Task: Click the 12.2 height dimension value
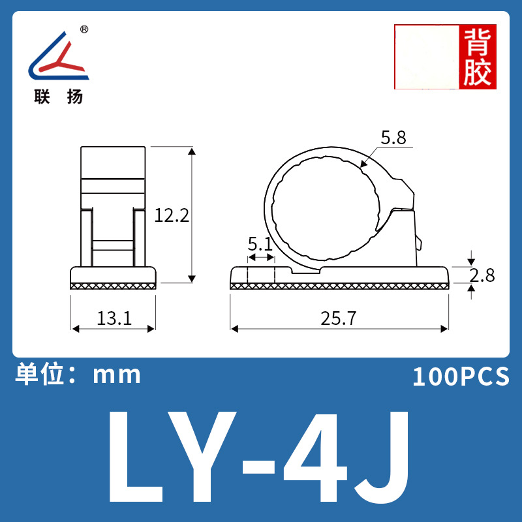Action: (x=172, y=215)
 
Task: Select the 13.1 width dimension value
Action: (x=114, y=318)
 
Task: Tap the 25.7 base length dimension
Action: (x=338, y=318)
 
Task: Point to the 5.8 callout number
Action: (x=393, y=138)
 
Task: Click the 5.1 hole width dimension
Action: (x=260, y=244)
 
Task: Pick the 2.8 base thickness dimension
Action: (x=482, y=275)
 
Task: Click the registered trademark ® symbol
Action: (x=85, y=29)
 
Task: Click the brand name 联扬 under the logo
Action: (x=58, y=97)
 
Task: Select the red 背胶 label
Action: (x=478, y=57)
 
